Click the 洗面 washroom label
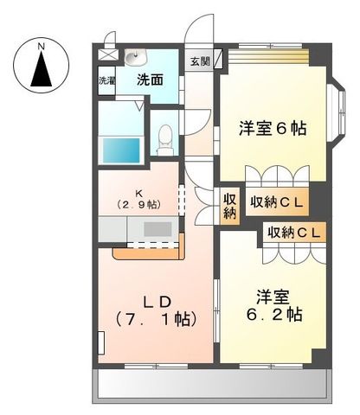pyautogui.click(x=151, y=80)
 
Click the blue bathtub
pyautogui.click(x=121, y=150)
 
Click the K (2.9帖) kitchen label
pyautogui.click(x=138, y=198)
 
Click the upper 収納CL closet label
pyautogui.click(x=277, y=202)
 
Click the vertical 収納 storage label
pyautogui.click(x=230, y=207)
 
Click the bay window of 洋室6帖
pyautogui.click(x=339, y=108)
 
